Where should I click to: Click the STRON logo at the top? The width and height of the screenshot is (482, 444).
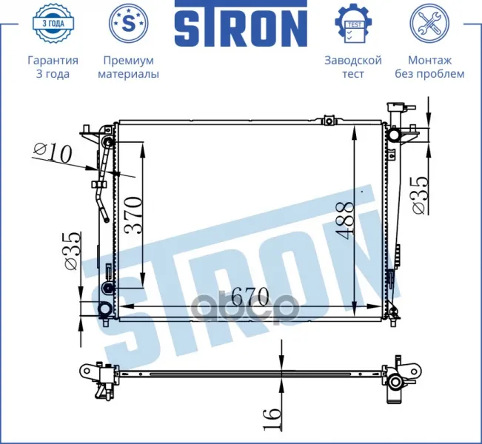[x=241, y=24]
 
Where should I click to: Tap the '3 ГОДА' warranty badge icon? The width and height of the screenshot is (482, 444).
[x=53, y=23]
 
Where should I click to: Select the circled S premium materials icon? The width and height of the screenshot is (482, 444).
[x=129, y=23]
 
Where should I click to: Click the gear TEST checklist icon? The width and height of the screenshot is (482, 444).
[x=353, y=23]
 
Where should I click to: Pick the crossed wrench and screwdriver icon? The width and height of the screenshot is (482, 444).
[x=429, y=23]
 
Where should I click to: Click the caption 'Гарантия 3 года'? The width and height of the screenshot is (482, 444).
[x=53, y=67]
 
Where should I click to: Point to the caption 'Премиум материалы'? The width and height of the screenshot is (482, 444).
[x=129, y=67]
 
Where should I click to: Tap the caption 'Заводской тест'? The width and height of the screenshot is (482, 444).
[x=353, y=67]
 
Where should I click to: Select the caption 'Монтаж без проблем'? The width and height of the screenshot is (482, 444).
[x=429, y=67]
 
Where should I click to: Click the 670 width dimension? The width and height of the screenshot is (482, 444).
[x=250, y=296]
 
